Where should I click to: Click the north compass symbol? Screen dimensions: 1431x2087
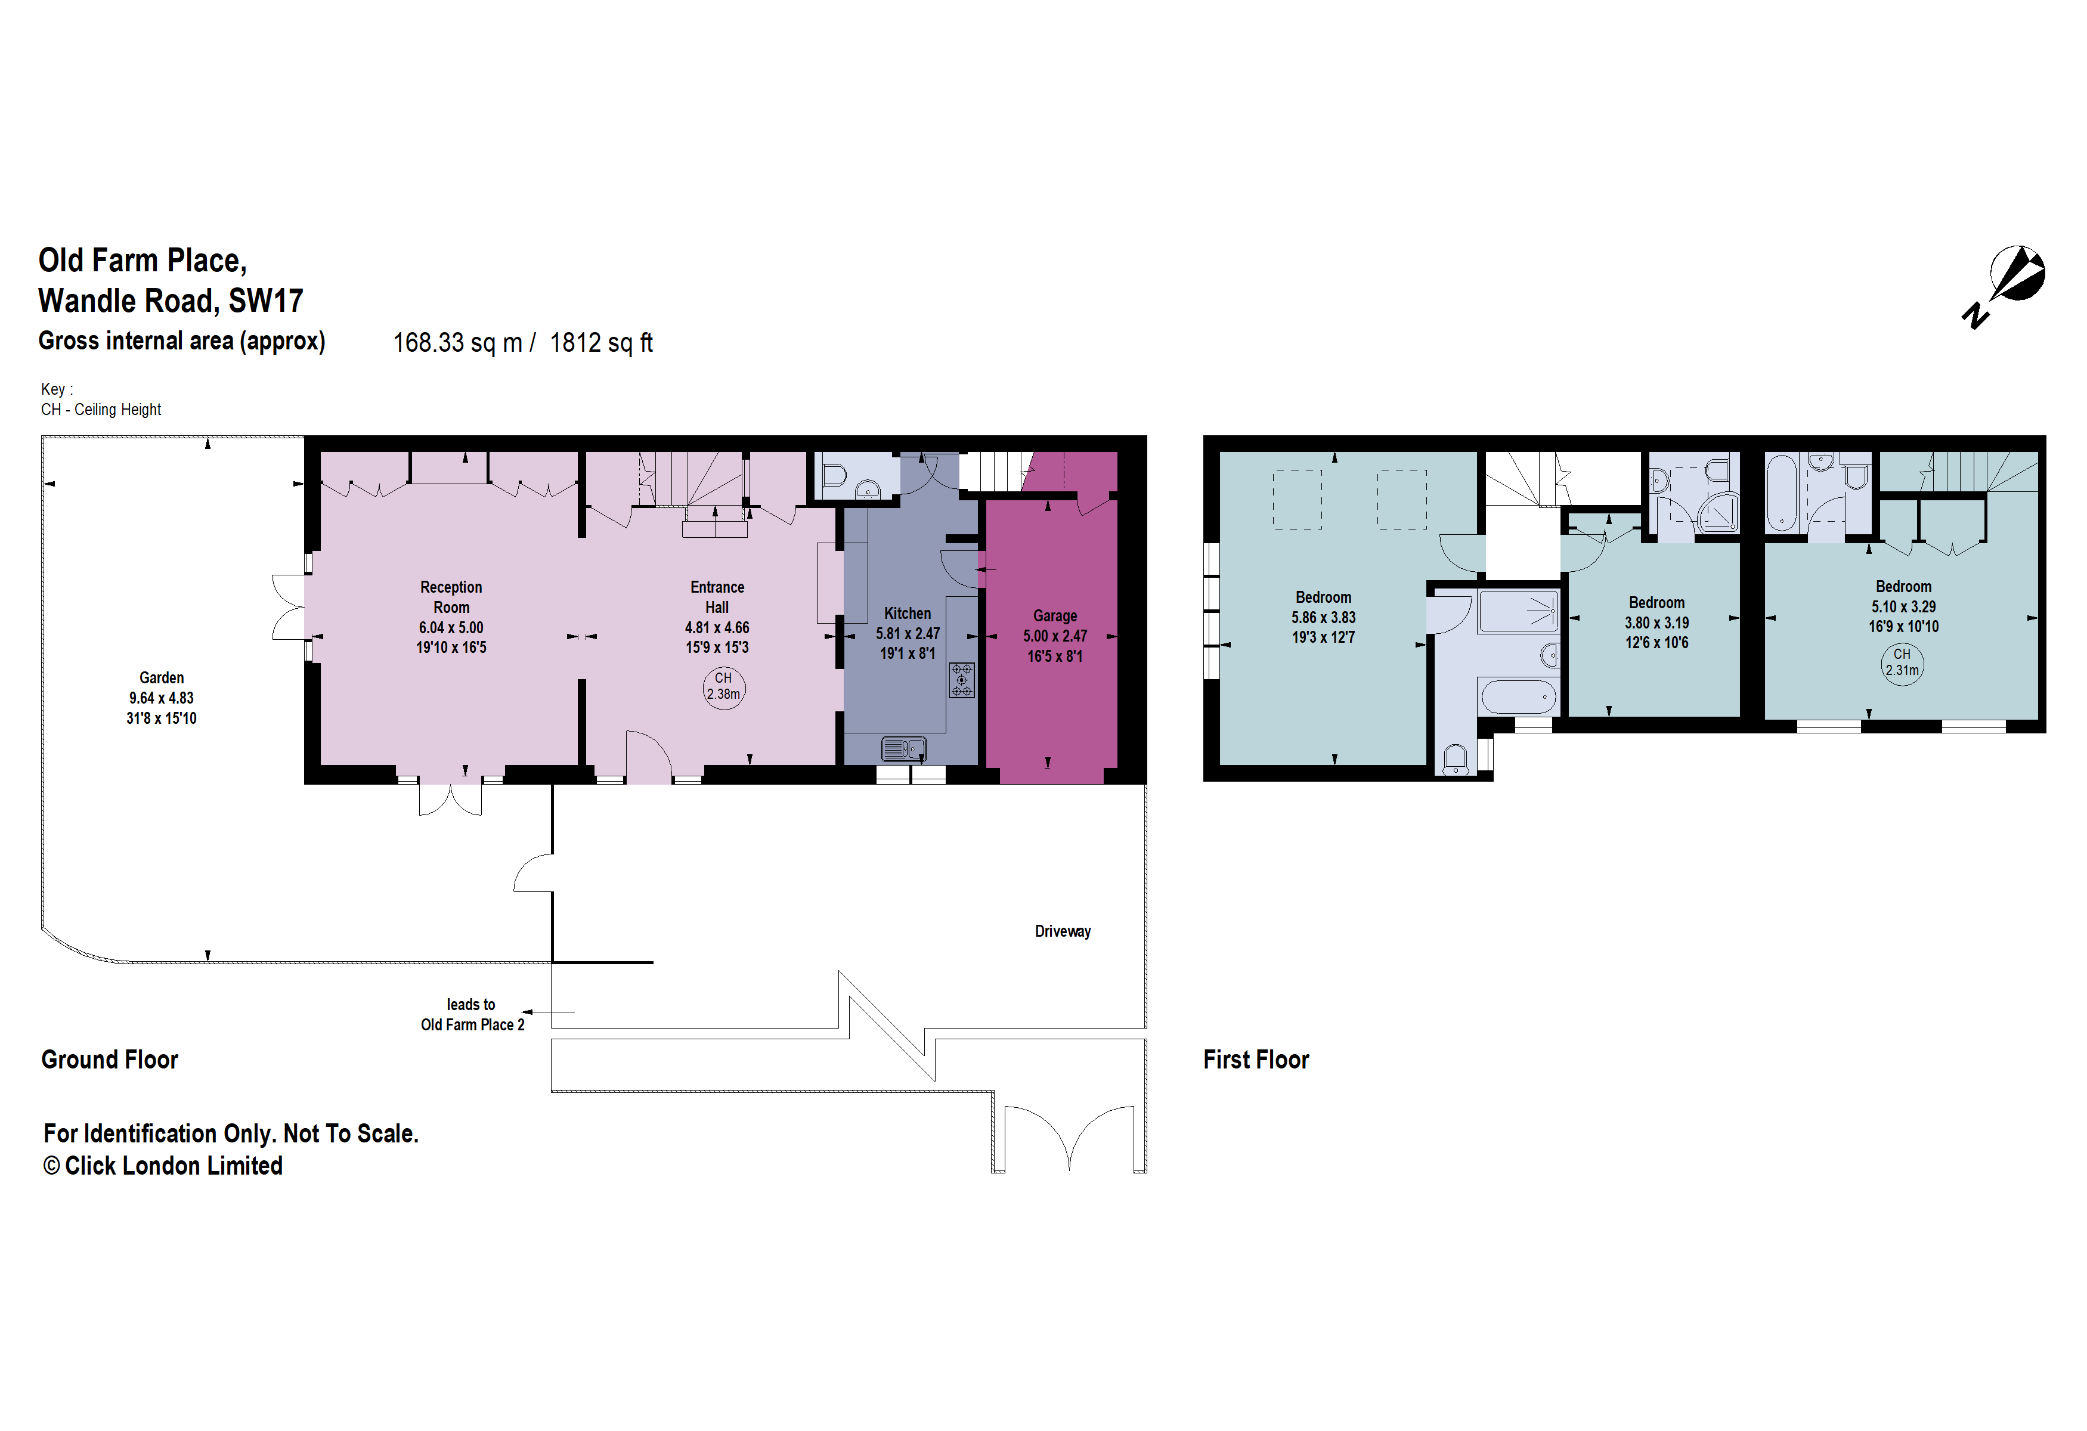pyautogui.click(x=2009, y=283)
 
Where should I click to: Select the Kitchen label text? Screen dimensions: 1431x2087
pyautogui.click(x=907, y=613)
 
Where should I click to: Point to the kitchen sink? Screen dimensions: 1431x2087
pyautogui.click(x=903, y=748)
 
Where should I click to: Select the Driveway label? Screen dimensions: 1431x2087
pyautogui.click(x=1063, y=931)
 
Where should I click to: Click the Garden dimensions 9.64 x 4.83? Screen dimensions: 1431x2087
pyautogui.click(x=161, y=698)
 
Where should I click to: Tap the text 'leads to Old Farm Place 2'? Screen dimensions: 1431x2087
pyautogui.click(x=472, y=1014)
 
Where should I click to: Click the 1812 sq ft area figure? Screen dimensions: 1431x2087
pyautogui.click(x=601, y=343)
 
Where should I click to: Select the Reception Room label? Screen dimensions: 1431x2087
pyautogui.click(x=451, y=597)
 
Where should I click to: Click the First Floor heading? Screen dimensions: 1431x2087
pyautogui.click(x=1255, y=1060)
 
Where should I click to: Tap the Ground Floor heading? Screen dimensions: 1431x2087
pyautogui.click(x=110, y=1060)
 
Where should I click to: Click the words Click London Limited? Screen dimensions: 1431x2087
pyautogui.click(x=174, y=1166)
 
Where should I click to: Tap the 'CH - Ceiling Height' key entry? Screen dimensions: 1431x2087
pyautogui.click(x=101, y=410)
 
